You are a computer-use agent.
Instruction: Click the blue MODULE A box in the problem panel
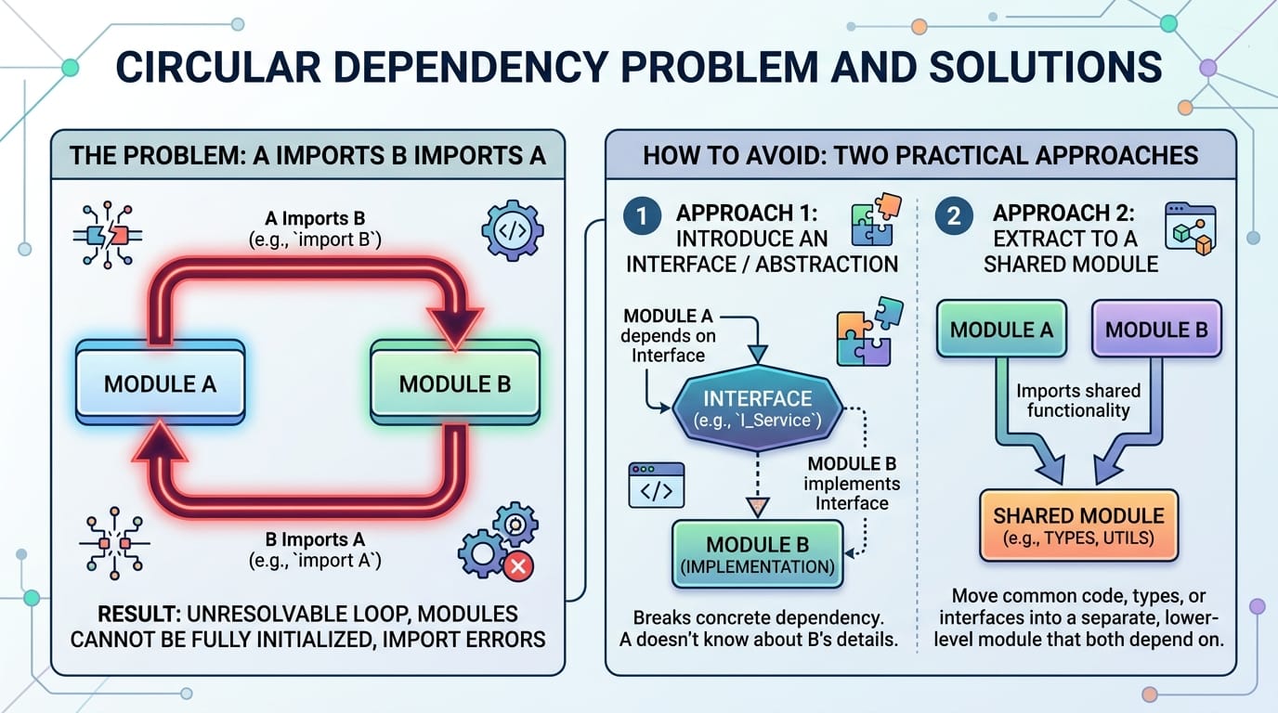pos(161,382)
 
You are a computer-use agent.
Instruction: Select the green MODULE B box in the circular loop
pos(455,382)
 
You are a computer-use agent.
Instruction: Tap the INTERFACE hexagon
pos(757,408)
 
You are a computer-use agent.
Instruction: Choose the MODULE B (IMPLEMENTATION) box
pos(757,554)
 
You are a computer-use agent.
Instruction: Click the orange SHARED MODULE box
pos(1078,525)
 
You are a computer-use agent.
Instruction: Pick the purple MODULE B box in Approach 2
pos(1156,330)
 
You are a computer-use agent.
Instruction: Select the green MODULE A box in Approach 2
pos(1001,330)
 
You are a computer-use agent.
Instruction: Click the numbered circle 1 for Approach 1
pos(642,216)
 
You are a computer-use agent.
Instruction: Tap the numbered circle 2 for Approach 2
pos(953,216)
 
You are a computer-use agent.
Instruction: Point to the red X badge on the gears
pos(518,566)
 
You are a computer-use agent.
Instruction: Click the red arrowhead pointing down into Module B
pos(455,328)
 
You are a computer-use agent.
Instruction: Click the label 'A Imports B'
pos(315,218)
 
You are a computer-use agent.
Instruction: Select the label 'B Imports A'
pos(315,539)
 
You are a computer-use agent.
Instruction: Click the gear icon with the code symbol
pos(513,230)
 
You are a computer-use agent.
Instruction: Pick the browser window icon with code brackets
pos(656,485)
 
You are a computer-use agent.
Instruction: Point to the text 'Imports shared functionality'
pos(1078,400)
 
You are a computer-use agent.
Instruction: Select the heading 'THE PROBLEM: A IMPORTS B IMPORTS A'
pos(307,156)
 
